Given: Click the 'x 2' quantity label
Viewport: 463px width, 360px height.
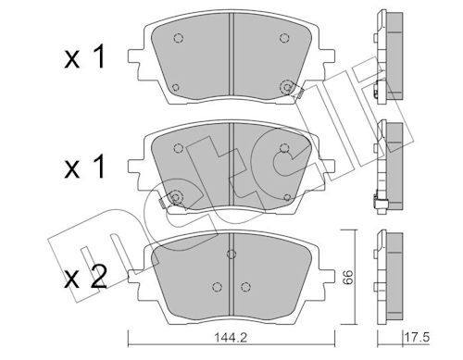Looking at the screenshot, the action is [85, 277].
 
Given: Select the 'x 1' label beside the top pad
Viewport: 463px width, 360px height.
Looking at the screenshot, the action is [85, 56].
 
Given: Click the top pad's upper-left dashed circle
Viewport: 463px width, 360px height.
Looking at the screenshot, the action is [179, 38].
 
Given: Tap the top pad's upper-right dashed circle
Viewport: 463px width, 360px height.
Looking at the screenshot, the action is [284, 38].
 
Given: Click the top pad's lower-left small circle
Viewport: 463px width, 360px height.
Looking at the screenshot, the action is [175, 87].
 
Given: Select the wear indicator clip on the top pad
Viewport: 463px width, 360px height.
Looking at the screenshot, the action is [299, 93].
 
